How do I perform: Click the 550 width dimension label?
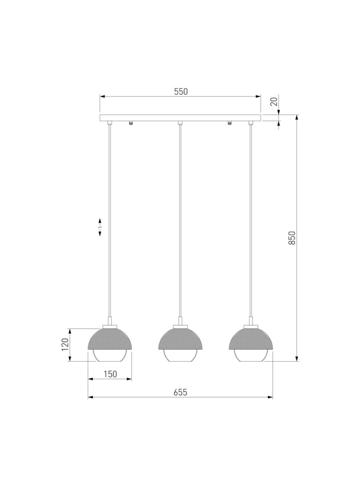point(181,92)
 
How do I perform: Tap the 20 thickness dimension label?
point(274,101)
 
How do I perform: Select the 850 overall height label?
point(292,238)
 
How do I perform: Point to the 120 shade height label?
point(65,344)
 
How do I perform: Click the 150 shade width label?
point(110,374)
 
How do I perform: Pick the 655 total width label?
point(181,392)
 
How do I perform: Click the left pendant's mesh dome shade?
point(110,339)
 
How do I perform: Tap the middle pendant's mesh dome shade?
point(181,339)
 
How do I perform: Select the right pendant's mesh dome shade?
point(251,339)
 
